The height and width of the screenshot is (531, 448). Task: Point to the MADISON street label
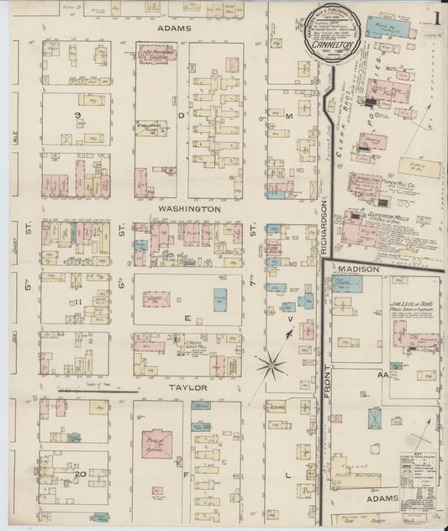tap(359, 269)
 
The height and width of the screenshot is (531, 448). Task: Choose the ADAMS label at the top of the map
tap(175, 28)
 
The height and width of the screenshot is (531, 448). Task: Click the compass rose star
tap(271, 365)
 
